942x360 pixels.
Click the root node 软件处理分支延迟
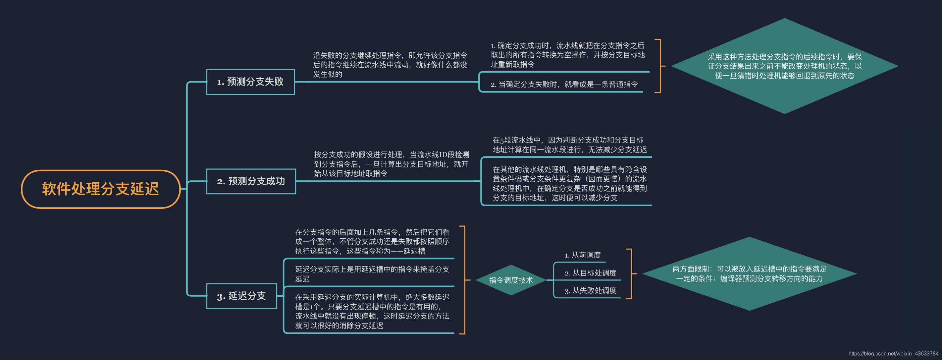pos(101,189)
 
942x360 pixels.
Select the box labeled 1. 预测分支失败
pos(250,82)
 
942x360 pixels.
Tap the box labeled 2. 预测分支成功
pos(251,181)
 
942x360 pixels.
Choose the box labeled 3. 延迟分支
pos(241,296)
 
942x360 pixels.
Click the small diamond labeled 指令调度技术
pos(510,280)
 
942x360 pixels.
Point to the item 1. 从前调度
pos(582,255)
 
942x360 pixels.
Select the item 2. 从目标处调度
pos(590,273)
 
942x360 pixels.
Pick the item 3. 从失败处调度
pos(590,290)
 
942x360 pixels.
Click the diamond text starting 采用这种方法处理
pos(784,66)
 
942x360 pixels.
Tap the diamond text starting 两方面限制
pos(749,274)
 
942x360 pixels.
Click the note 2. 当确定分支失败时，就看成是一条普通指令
pos(563,85)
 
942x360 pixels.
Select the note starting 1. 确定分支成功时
pos(567,55)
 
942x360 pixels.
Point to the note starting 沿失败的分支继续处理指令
pos(390,65)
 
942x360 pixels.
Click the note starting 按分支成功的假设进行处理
pos(391,164)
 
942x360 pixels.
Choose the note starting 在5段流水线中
pos(569,145)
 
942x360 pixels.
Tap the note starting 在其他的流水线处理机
pos(569,184)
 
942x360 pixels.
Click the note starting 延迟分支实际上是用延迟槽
pos(372,274)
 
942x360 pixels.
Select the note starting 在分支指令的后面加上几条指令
pos(372,241)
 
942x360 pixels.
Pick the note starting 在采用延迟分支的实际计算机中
pos(372,311)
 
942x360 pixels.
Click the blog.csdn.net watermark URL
pos(893,353)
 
